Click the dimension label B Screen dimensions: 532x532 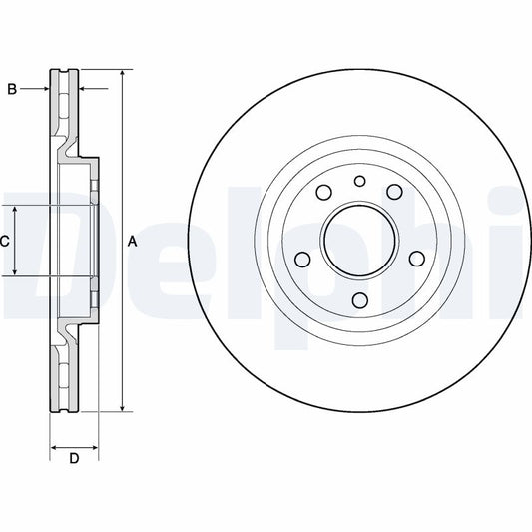12,90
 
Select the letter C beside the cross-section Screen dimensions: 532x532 5,241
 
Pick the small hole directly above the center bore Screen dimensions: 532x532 358,181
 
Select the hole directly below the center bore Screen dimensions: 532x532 358,300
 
